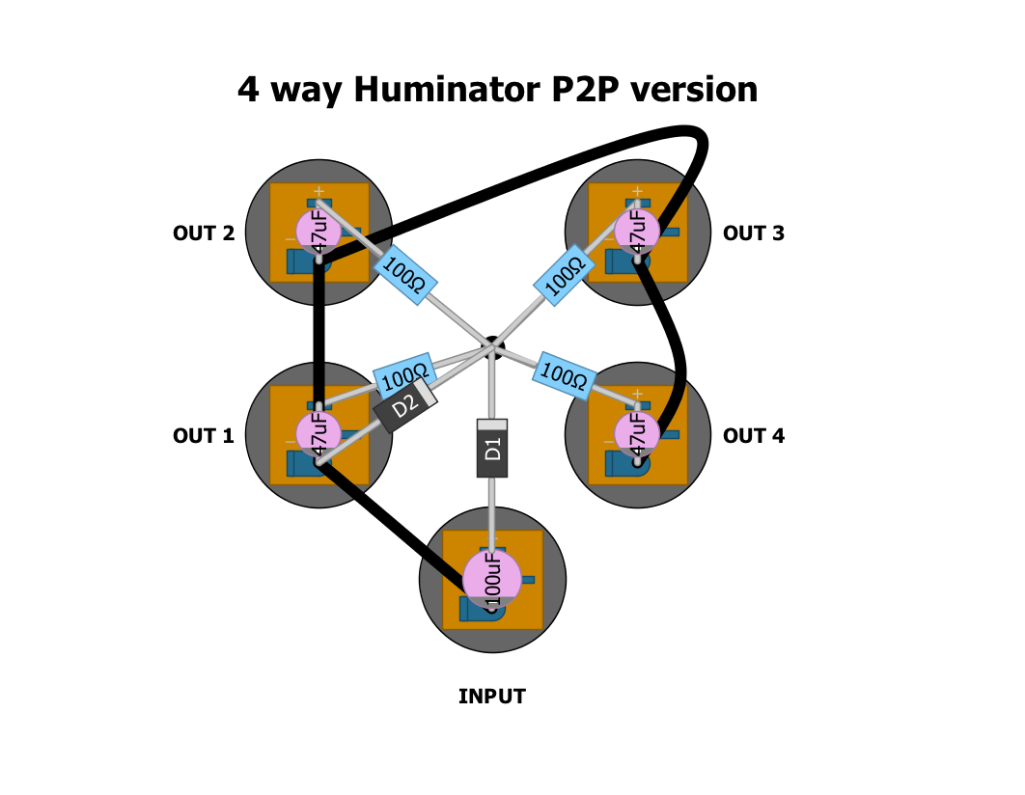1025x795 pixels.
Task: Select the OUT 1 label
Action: [204, 436]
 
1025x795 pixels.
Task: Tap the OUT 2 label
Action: [204, 233]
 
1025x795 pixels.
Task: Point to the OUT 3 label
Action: [754, 233]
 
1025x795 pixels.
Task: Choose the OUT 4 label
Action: [754, 436]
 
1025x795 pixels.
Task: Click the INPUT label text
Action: [492, 697]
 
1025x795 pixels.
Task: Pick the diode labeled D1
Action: [492, 449]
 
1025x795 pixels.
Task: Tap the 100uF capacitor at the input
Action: [492, 579]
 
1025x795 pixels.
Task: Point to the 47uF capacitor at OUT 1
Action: [318, 433]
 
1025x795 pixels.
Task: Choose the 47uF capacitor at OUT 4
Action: [637, 433]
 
